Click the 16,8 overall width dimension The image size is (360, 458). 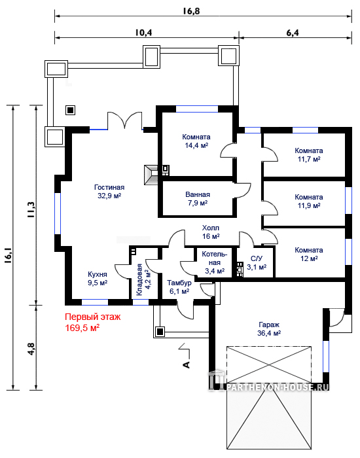point(191,11)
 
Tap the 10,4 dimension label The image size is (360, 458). point(143,33)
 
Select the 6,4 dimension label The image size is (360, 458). point(292,33)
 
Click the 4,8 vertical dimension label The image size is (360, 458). point(31,348)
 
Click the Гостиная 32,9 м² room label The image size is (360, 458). point(109,191)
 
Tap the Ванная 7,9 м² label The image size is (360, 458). point(198,199)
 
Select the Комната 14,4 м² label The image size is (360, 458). point(196,141)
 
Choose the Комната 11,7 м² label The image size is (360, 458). point(309,155)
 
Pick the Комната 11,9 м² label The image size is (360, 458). point(309,202)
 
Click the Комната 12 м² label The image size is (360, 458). point(309,254)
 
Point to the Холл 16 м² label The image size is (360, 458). point(211,232)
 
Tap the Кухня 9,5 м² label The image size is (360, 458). point(98,278)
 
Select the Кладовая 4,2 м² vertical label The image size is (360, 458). point(143,279)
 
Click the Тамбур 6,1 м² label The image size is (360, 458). point(179,287)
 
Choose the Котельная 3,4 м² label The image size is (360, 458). point(215,262)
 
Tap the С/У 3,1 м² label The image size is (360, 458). point(257,262)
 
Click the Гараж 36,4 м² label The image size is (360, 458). point(269,328)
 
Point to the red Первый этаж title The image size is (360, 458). point(93,317)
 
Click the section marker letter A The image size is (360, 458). point(186,364)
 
